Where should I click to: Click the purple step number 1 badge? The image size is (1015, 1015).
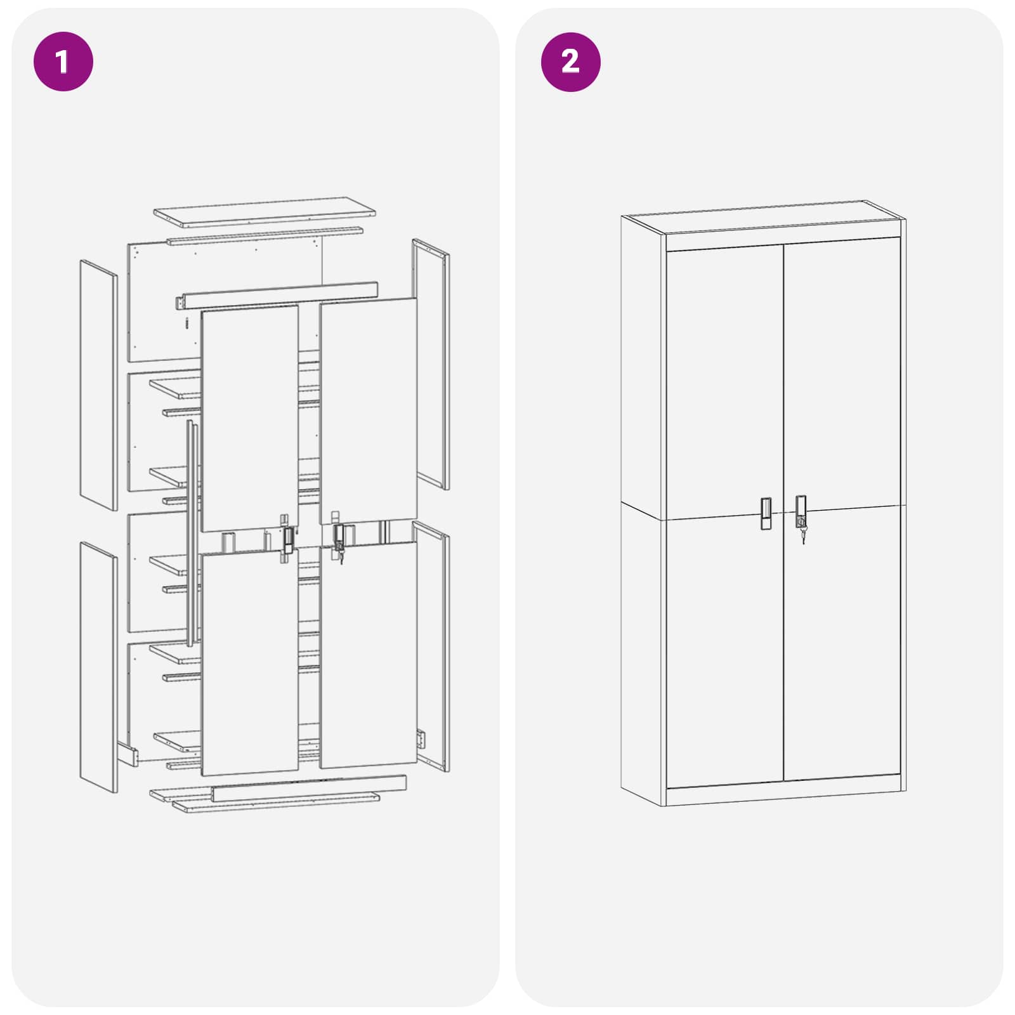pos(63,62)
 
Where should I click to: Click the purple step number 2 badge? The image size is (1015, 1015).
pos(570,62)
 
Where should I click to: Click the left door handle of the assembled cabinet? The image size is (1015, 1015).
pos(766,513)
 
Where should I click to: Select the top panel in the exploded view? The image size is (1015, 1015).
pos(265,213)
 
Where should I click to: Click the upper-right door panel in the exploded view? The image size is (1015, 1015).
pos(369,409)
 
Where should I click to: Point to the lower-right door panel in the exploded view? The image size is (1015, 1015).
pos(369,657)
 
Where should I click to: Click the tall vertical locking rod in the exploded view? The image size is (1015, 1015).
pos(192,533)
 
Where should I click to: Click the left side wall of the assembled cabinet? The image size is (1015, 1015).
pos(642,507)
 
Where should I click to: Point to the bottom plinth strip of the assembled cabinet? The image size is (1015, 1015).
pos(783,796)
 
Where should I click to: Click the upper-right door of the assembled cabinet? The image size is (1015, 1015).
pos(842,374)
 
